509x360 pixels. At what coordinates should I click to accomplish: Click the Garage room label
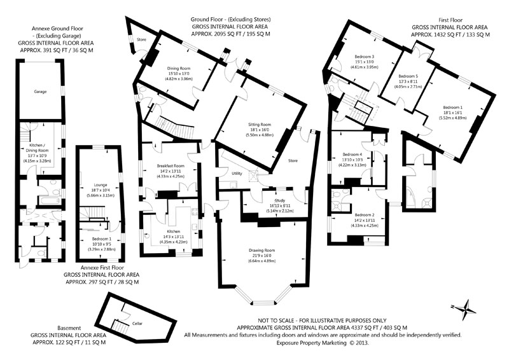click(40, 92)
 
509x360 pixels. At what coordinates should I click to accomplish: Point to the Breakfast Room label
click(170, 165)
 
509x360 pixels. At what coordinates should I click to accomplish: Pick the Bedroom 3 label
click(364, 57)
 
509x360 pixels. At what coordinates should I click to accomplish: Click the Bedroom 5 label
click(408, 75)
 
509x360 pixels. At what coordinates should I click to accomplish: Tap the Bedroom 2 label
click(364, 215)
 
